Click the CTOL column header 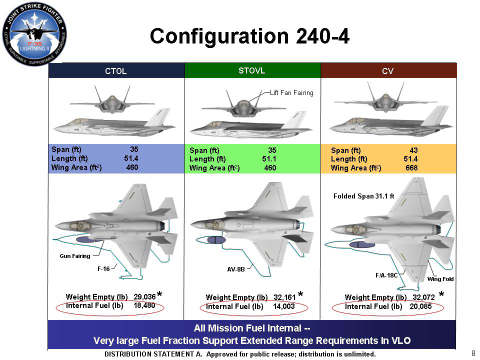(x=116, y=71)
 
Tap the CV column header (x=387, y=71)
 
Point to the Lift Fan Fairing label (x=291, y=93)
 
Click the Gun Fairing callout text (x=75, y=256)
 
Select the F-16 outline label (x=103, y=268)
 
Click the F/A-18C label (x=386, y=275)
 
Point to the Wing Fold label (x=440, y=279)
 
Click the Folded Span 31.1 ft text (x=363, y=196)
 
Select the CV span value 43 (x=413, y=150)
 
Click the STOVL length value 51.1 (x=269, y=159)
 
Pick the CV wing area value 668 (x=411, y=168)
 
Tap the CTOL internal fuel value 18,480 (x=144, y=305)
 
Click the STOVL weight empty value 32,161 (x=283, y=297)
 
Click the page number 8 (x=473, y=353)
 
